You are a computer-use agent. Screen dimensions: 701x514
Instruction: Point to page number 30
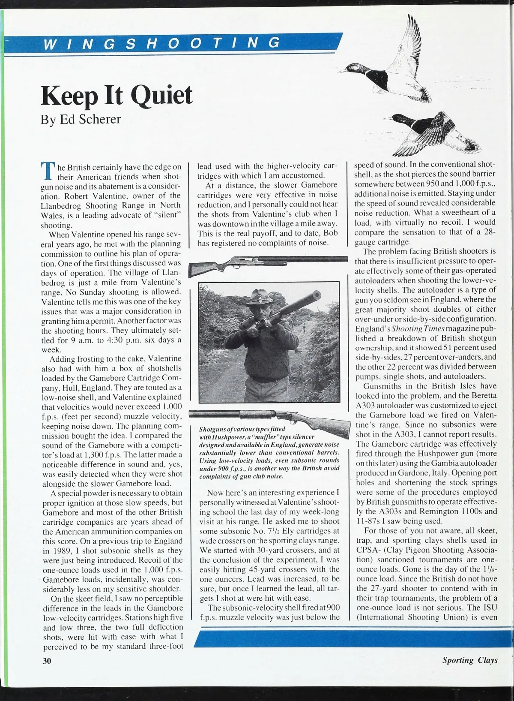click(x=47, y=661)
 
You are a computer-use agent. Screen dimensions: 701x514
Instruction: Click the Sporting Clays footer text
click(x=470, y=660)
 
